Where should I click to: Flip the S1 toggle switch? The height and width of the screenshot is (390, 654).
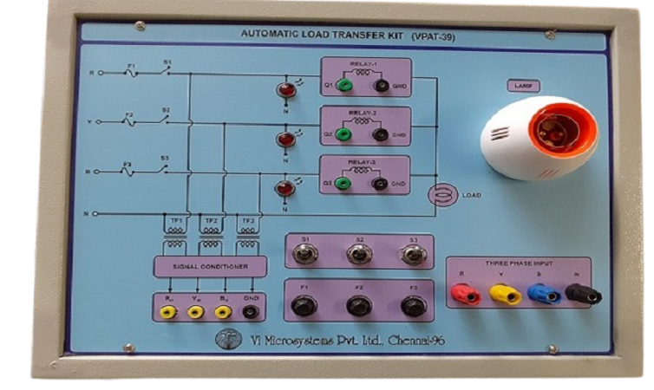[x=305, y=254]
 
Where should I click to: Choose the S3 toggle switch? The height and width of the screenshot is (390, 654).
[x=412, y=254]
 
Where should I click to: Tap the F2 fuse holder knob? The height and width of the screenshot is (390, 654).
[x=357, y=306]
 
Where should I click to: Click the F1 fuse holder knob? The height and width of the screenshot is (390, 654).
[x=304, y=306]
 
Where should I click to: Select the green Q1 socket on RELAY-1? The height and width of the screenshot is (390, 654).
[x=343, y=85]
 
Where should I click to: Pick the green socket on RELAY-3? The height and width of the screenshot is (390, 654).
[x=343, y=184]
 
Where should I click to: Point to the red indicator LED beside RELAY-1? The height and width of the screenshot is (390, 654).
[x=283, y=90]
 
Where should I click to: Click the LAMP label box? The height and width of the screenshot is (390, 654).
[x=524, y=87]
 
